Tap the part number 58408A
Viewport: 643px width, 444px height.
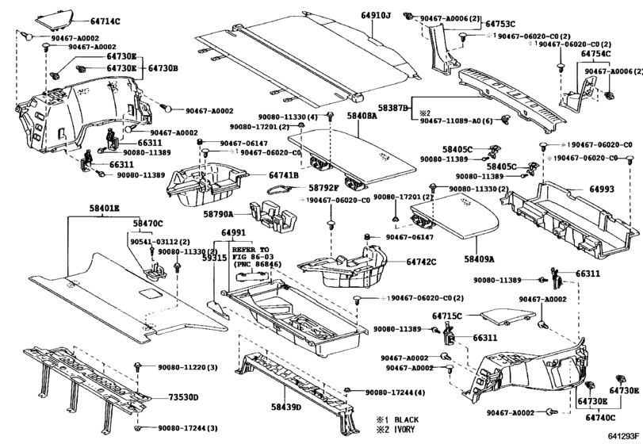(x=362, y=116)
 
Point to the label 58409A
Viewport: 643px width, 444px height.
(x=479, y=258)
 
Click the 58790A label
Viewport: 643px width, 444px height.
(x=218, y=214)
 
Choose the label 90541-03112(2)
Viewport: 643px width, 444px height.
(x=158, y=241)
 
